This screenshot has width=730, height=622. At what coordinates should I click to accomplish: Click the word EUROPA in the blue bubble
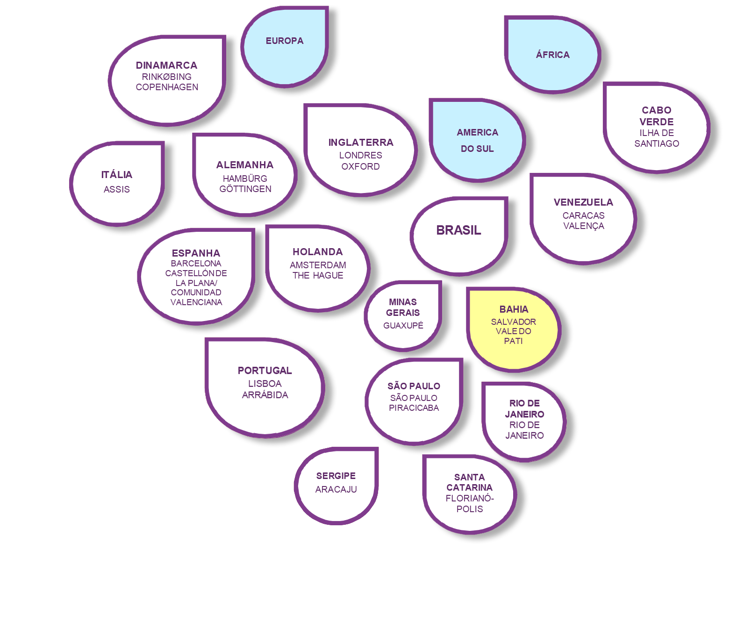click(x=285, y=41)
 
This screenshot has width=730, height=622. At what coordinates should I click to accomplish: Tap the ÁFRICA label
click(x=552, y=55)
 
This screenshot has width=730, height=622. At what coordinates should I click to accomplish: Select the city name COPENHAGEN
click(x=167, y=87)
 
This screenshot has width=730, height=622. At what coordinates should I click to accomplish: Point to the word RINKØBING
click(x=167, y=77)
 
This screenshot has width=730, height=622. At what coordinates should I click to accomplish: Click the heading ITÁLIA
click(x=117, y=175)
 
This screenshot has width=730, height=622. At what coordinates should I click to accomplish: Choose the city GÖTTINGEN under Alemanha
click(x=245, y=189)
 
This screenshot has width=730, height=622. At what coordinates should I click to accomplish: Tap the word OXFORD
click(x=360, y=167)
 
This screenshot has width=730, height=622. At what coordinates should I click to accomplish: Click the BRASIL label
click(x=458, y=230)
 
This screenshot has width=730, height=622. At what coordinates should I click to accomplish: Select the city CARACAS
click(x=583, y=215)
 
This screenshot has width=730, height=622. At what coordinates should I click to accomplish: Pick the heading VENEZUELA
click(x=583, y=202)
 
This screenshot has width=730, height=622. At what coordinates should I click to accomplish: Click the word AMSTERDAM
click(x=318, y=265)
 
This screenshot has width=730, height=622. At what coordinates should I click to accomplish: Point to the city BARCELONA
click(x=196, y=264)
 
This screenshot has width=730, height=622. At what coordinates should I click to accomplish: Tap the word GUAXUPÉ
click(x=403, y=326)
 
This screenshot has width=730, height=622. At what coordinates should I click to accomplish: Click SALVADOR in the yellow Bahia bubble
click(x=513, y=322)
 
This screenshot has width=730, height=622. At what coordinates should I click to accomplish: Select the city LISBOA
click(x=265, y=384)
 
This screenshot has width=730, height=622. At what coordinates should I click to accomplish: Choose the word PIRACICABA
click(x=414, y=408)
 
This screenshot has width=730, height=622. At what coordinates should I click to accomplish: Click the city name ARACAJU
click(x=336, y=490)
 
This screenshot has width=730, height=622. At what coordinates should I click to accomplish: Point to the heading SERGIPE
click(x=336, y=476)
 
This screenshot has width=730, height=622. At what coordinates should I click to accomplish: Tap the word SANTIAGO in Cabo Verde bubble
click(x=657, y=144)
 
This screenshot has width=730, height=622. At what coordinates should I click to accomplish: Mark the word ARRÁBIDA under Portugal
click(x=265, y=395)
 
